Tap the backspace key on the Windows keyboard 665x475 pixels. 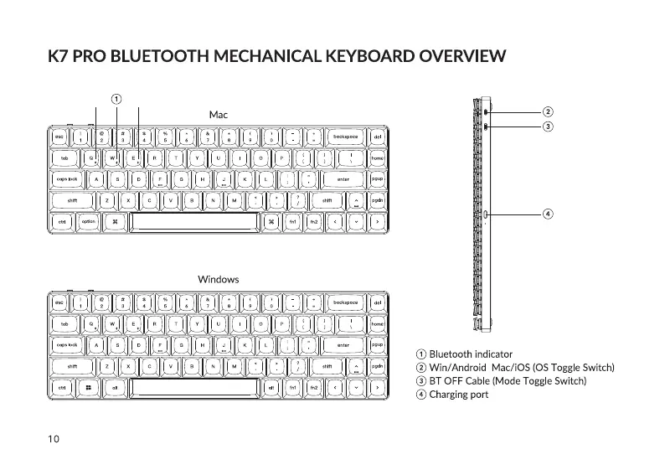[345, 301]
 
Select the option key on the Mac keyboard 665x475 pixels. [87, 221]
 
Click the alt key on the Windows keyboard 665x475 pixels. [115, 388]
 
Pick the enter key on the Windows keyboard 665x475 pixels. [343, 344]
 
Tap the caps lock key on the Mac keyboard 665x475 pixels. [68, 178]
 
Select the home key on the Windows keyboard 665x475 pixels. [378, 323]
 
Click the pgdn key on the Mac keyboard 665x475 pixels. [378, 200]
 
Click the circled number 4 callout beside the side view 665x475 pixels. [547, 213]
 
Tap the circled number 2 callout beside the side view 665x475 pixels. [547, 111]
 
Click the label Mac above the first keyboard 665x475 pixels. [218, 114]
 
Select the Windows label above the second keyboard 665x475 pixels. [218, 279]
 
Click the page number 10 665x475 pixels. [53, 437]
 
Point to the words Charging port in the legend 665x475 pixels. [458, 395]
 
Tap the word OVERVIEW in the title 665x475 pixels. [460, 57]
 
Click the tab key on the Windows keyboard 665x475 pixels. [64, 323]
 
